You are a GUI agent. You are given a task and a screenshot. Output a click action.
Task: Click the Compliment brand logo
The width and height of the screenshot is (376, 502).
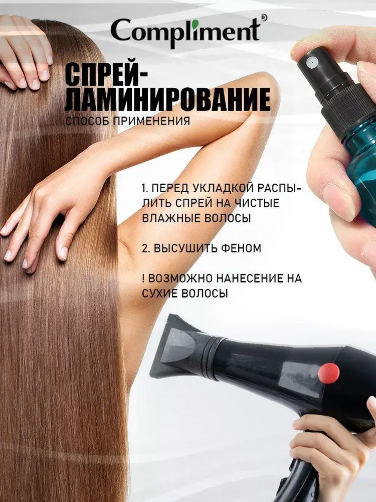(185, 32)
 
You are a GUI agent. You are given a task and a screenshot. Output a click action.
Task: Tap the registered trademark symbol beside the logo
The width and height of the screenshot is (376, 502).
(264, 18)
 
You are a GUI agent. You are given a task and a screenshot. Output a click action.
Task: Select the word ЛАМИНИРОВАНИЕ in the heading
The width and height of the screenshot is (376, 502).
(167, 100)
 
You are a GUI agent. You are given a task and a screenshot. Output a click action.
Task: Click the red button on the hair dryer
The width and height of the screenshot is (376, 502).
(329, 373)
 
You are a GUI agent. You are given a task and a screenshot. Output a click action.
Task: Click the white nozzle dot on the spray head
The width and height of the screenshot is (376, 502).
(311, 62)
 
